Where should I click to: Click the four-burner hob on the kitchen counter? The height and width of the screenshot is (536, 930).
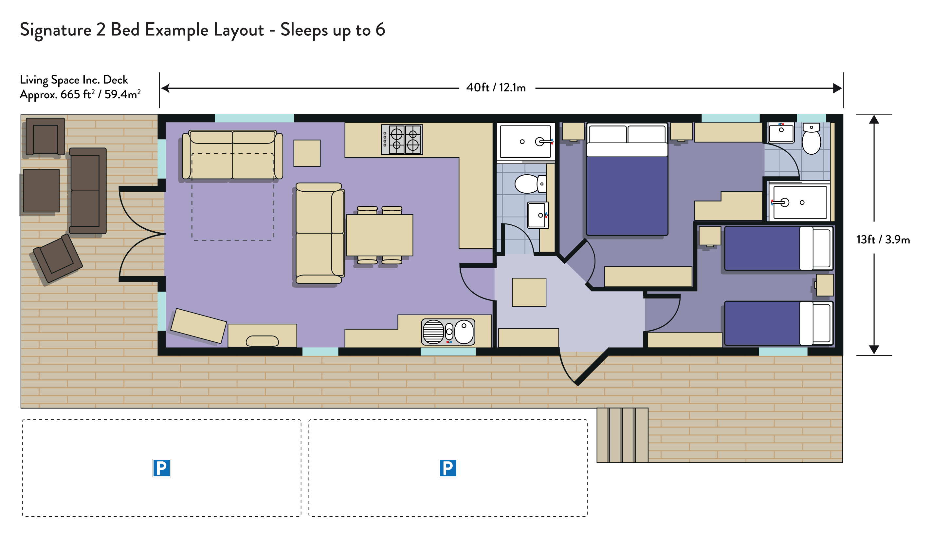pos(402,140)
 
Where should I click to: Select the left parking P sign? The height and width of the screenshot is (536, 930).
pos(162,468)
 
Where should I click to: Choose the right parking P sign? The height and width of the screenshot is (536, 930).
pos(448,468)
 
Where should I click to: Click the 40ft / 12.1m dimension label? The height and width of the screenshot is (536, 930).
pos(496,87)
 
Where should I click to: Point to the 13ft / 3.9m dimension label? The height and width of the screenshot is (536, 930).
pos(883,239)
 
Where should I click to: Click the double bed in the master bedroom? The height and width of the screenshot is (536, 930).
pos(627,179)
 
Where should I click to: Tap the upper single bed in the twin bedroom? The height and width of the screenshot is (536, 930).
pos(778,248)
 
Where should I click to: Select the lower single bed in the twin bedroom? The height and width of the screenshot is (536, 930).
pos(778,323)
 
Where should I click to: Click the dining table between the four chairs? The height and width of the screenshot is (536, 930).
pos(379,235)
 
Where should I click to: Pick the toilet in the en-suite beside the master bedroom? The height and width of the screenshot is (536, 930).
pos(811,139)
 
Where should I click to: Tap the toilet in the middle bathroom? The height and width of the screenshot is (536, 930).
pos(530,184)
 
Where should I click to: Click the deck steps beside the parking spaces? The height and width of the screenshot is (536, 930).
pos(622,435)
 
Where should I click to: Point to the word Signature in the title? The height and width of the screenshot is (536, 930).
pos(56,30)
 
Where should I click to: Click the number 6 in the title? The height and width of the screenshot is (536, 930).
pos(380,29)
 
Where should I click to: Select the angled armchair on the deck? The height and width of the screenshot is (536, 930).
pos(58,258)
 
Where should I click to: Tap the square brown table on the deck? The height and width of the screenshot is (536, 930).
pos(41,191)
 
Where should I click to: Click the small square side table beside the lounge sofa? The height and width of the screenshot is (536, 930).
pos(307,153)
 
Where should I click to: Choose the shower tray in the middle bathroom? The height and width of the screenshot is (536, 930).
pos(525,142)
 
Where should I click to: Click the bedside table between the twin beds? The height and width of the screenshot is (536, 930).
pos(825,285)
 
